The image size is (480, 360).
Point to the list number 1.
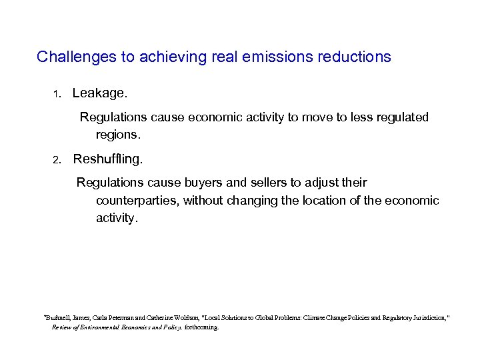pos(57,95)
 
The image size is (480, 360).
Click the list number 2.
pos(57,160)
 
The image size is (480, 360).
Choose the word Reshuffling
pos(107,159)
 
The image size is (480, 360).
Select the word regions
pos(118,134)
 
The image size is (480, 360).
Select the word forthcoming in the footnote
pos(201,327)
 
